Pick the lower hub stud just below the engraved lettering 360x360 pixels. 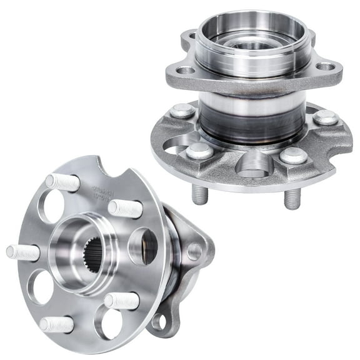[125, 209]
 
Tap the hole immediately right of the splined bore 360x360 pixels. [144, 245]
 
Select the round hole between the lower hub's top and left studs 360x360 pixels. [51, 206]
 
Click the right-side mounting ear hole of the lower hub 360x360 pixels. [194, 251]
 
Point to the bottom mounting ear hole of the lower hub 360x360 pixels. [160, 322]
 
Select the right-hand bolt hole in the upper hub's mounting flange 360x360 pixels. [326, 66]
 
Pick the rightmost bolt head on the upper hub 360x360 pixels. [326, 117]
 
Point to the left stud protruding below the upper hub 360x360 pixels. [200, 194]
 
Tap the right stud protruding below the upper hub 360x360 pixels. [292, 198]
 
